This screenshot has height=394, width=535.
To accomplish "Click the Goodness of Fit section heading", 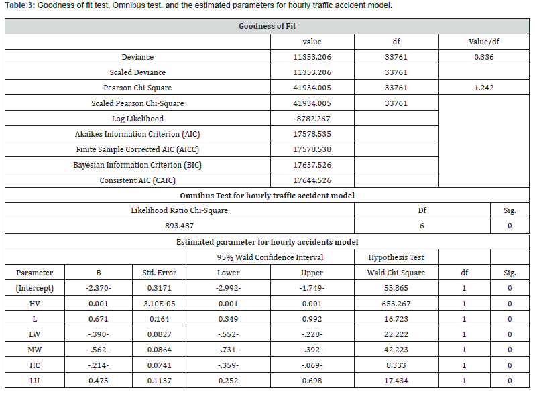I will tap(267, 26).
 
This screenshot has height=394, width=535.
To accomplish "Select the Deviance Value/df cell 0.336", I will tap(483, 57).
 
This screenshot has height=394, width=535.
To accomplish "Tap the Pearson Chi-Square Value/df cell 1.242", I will tap(483, 88).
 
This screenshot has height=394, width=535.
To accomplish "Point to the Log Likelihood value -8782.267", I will tap(312, 119).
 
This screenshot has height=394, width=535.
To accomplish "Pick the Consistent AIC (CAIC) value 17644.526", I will tap(312, 180).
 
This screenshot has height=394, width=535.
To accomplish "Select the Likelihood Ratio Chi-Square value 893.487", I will tap(179, 226).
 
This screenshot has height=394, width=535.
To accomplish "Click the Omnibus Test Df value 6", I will tap(422, 226).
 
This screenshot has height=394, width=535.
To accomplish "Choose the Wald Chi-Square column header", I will tap(396, 273).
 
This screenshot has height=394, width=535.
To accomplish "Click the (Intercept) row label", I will tap(34, 288).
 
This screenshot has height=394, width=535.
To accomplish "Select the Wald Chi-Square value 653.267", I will tap(396, 304).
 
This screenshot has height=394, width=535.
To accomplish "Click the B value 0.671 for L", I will tap(99, 319).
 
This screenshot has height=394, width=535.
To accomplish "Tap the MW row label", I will tap(34, 350).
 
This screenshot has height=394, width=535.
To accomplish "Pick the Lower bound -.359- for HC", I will tap(228, 365).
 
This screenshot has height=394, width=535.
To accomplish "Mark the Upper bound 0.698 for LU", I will tap(312, 381).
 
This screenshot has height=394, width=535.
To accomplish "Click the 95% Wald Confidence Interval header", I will tap(270, 257).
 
